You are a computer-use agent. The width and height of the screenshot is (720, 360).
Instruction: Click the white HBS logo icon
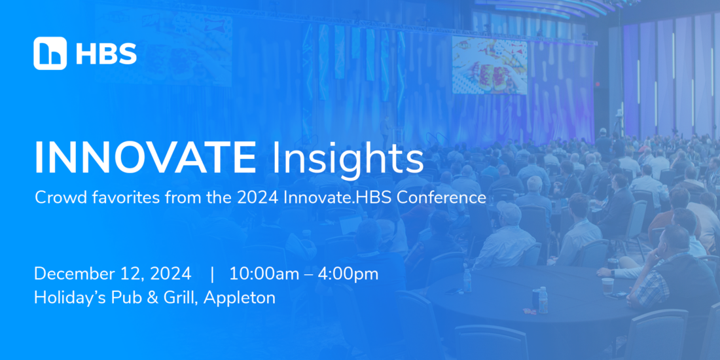coord(50,53)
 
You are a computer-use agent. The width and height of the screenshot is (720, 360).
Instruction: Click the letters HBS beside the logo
coord(106,54)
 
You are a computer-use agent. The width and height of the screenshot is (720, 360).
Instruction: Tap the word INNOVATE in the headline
coord(145,158)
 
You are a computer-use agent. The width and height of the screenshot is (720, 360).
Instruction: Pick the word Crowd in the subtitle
coord(55,198)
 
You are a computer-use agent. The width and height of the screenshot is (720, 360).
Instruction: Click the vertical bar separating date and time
coord(212,275)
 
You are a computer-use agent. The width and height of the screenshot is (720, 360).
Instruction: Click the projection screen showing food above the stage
coord(489,65)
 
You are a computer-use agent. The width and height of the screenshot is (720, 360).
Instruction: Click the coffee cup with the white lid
coord(607,285)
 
